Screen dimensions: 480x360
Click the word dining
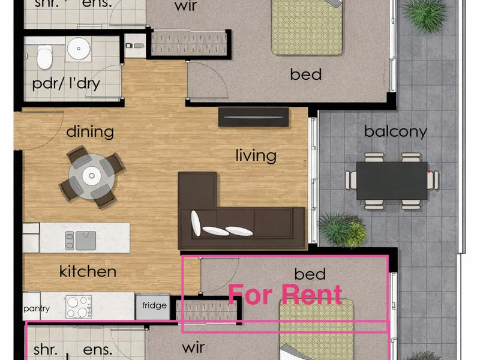(x=90, y=132)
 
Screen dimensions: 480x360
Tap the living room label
(x=256, y=155)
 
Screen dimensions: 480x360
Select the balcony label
(x=395, y=132)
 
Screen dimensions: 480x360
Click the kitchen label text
(x=88, y=271)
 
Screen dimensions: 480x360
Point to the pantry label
(x=37, y=308)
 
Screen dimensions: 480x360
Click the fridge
(x=153, y=307)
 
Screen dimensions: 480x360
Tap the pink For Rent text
(x=285, y=295)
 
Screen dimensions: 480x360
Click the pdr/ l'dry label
(x=66, y=83)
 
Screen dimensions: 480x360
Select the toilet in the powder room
(x=44, y=57)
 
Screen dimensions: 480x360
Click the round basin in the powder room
(x=79, y=49)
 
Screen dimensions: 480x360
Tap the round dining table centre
(x=92, y=176)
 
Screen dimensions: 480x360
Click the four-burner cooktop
(x=79, y=307)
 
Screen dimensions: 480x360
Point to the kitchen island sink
(x=81, y=241)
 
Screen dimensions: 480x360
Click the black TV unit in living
(x=253, y=117)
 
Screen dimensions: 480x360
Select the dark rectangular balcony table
(x=392, y=181)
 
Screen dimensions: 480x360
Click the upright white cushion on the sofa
(x=196, y=223)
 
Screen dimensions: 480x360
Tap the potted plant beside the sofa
(x=343, y=229)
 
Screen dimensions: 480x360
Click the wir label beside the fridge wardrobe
(x=193, y=347)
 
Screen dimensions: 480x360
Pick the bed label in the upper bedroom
(x=306, y=74)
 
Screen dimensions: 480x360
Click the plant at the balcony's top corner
(x=425, y=14)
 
